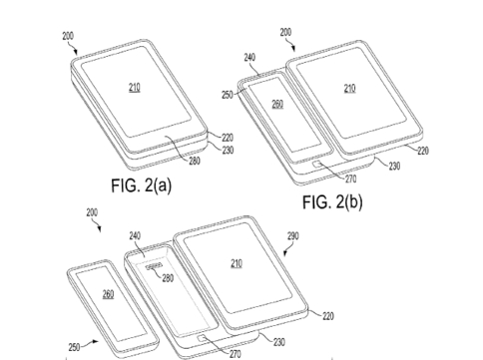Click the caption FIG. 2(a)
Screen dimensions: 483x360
tap(142, 185)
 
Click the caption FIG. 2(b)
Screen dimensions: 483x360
tap(332, 201)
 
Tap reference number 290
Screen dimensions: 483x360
tap(293, 236)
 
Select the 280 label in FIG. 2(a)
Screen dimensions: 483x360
tap(195, 161)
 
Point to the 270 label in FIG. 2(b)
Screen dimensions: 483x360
tap(350, 180)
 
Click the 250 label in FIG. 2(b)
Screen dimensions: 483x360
tap(228, 95)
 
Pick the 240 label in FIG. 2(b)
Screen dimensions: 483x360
tap(249, 57)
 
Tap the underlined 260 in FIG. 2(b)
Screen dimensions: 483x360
tap(277, 105)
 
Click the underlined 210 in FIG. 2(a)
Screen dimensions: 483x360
tap(135, 88)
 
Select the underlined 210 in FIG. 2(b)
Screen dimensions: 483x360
tap(349, 89)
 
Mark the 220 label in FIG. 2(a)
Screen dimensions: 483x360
tap(228, 138)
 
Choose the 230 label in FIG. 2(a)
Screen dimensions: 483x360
tap(228, 151)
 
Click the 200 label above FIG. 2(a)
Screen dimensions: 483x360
tap(68, 36)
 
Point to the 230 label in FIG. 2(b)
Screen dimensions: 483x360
tap(394, 166)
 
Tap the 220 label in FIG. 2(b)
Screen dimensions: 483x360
tap(423, 151)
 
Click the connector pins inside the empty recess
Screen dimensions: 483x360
tap(154, 266)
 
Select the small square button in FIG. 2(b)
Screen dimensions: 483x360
tap(316, 164)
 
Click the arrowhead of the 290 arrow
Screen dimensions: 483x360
tap(284, 254)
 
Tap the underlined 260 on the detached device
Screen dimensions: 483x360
tap(108, 294)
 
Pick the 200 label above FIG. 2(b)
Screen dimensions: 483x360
tap(285, 32)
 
